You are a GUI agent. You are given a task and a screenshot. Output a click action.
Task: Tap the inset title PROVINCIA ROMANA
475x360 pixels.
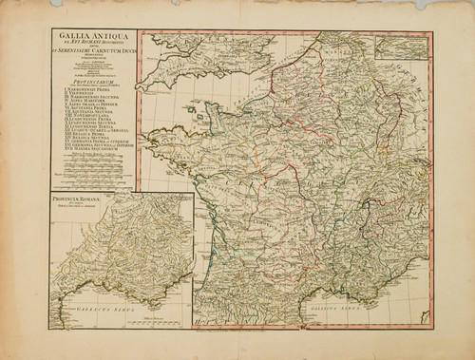tap(77, 200)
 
